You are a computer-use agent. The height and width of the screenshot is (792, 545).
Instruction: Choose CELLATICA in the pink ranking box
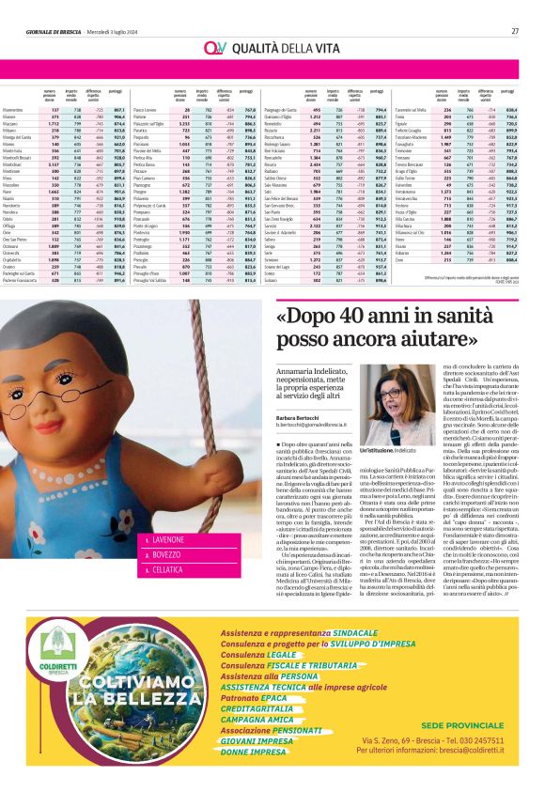coord(163,569)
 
